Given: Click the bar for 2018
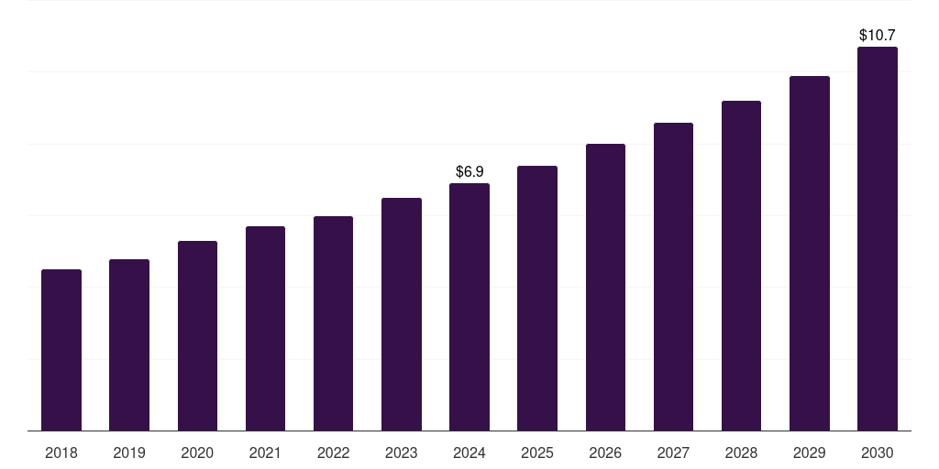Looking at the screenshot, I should click(x=61, y=350).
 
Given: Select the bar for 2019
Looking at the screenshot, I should click(x=129, y=345).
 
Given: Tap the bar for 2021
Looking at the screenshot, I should click(x=265, y=329).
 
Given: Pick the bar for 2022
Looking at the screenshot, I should click(x=333, y=323).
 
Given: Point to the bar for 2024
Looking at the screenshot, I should click(x=469, y=307).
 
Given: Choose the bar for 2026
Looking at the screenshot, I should click(x=605, y=288).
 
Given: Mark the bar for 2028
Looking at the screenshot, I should click(x=741, y=266).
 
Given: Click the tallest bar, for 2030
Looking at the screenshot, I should click(x=878, y=239).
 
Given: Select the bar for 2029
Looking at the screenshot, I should click(x=810, y=254).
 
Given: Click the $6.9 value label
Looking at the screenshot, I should click(x=469, y=171).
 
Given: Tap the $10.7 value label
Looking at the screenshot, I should click(x=878, y=35).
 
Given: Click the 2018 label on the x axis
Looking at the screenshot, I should click(x=61, y=453).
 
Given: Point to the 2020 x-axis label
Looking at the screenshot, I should click(x=197, y=453).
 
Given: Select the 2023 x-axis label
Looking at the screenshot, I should click(x=402, y=453).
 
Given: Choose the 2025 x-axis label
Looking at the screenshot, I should click(x=537, y=453).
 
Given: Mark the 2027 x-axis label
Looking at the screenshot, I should click(x=673, y=453).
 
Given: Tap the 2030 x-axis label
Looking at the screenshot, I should click(x=878, y=453).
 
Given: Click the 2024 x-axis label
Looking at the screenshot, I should click(x=469, y=453).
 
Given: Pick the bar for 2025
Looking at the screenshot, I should click(x=537, y=299).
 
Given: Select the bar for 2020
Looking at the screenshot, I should click(x=197, y=336).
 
